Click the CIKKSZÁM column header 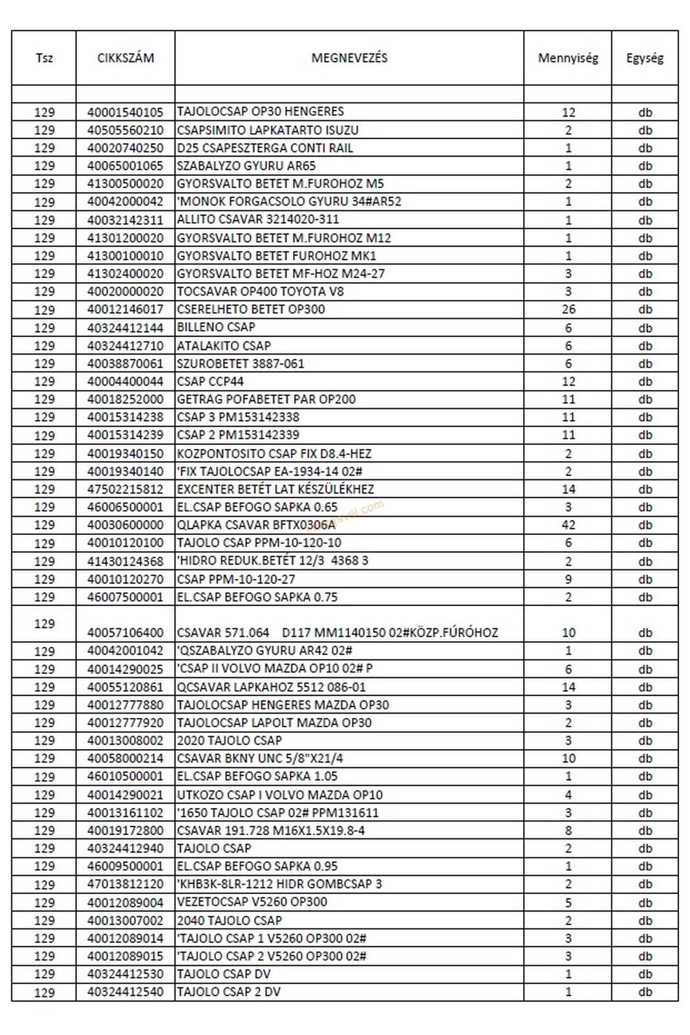point(125,58)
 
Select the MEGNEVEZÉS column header point(349,58)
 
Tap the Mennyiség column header point(568,58)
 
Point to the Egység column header point(645,58)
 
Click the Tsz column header point(44,58)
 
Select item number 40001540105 point(125,112)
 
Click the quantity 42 point(568,525)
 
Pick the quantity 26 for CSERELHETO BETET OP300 point(568,309)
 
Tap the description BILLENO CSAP point(216,327)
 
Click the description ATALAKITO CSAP point(224,345)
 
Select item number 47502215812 point(125,489)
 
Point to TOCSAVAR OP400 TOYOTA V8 point(260,291)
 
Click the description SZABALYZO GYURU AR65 point(246,166)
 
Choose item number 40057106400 point(125,632)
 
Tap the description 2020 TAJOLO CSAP point(230,740)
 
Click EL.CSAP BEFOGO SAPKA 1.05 point(257,776)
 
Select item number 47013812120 point(125,884)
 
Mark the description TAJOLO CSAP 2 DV point(229,991)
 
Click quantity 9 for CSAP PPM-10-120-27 point(568,579)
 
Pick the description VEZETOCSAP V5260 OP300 point(252,902)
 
